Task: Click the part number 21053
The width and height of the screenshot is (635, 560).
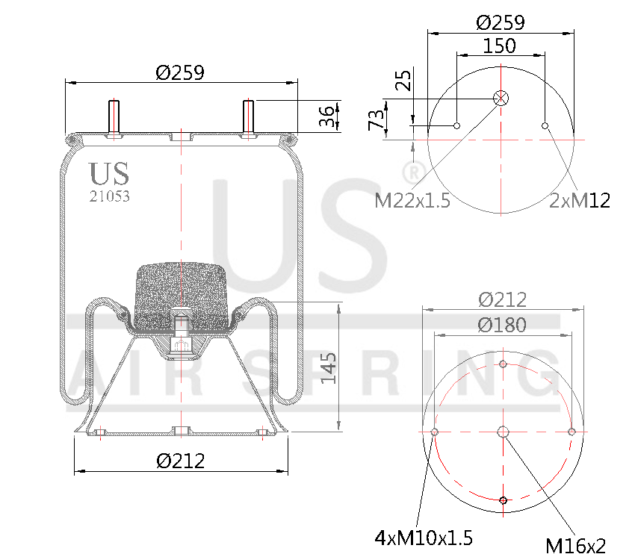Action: (109, 196)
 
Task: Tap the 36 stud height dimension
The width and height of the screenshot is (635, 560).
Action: (326, 116)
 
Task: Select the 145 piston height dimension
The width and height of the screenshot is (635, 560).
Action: (329, 367)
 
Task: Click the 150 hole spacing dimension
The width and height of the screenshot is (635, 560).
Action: (499, 46)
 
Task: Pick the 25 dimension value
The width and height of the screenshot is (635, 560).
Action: (403, 81)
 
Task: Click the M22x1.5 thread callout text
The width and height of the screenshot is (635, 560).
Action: (412, 200)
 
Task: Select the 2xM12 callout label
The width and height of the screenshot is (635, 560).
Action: (580, 200)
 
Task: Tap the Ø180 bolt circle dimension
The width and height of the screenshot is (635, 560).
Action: (502, 325)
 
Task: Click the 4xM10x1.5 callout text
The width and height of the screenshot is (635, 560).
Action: (424, 538)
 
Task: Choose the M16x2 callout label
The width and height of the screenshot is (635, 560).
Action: (575, 546)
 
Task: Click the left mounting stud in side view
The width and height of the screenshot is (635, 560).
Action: (114, 118)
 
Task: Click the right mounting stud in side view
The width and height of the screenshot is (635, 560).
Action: (249, 118)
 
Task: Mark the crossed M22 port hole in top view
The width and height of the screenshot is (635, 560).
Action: (501, 98)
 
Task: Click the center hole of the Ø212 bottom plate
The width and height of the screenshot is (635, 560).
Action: (503, 432)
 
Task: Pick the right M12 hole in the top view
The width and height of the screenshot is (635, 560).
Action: (545, 125)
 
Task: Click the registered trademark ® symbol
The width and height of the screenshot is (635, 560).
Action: (410, 172)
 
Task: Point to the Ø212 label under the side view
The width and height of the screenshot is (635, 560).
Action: (181, 461)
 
